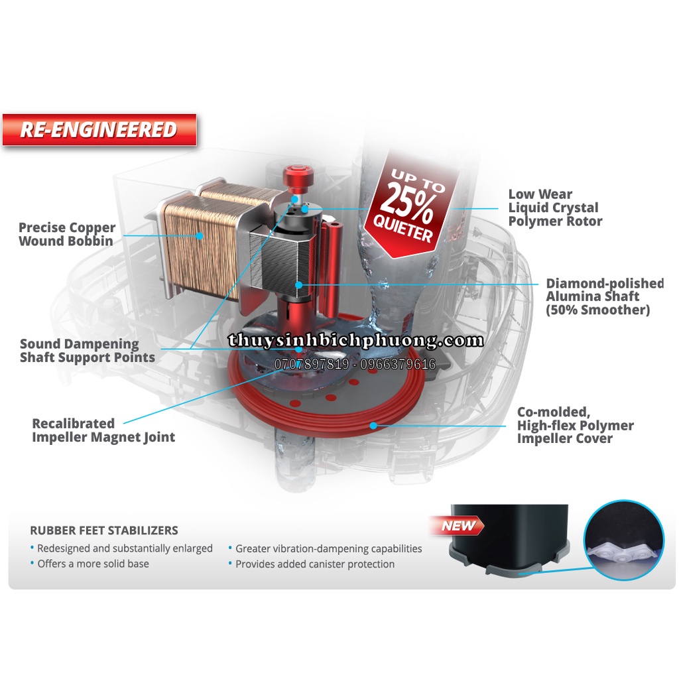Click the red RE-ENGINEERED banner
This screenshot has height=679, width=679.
pos(99,129)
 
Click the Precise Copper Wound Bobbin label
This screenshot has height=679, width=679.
pos(66,234)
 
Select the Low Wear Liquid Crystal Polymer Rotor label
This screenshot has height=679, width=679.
pos(554,208)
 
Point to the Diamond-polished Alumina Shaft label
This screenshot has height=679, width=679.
pos(604,296)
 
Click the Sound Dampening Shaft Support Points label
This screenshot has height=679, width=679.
pos(88,351)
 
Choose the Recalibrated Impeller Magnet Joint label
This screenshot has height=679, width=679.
pos(103,430)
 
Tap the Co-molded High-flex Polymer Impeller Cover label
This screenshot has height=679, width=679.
pos(575,425)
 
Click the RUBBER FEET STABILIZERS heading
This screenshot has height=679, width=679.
pos(104,530)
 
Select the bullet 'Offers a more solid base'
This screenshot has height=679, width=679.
pos(93,564)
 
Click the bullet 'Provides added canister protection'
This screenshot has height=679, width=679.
pos(315,564)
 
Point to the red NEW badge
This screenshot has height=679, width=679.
pos(458,526)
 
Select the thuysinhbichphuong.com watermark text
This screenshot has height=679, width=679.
pos(356,341)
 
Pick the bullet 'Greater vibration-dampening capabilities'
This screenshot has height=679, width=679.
pos(329,548)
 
